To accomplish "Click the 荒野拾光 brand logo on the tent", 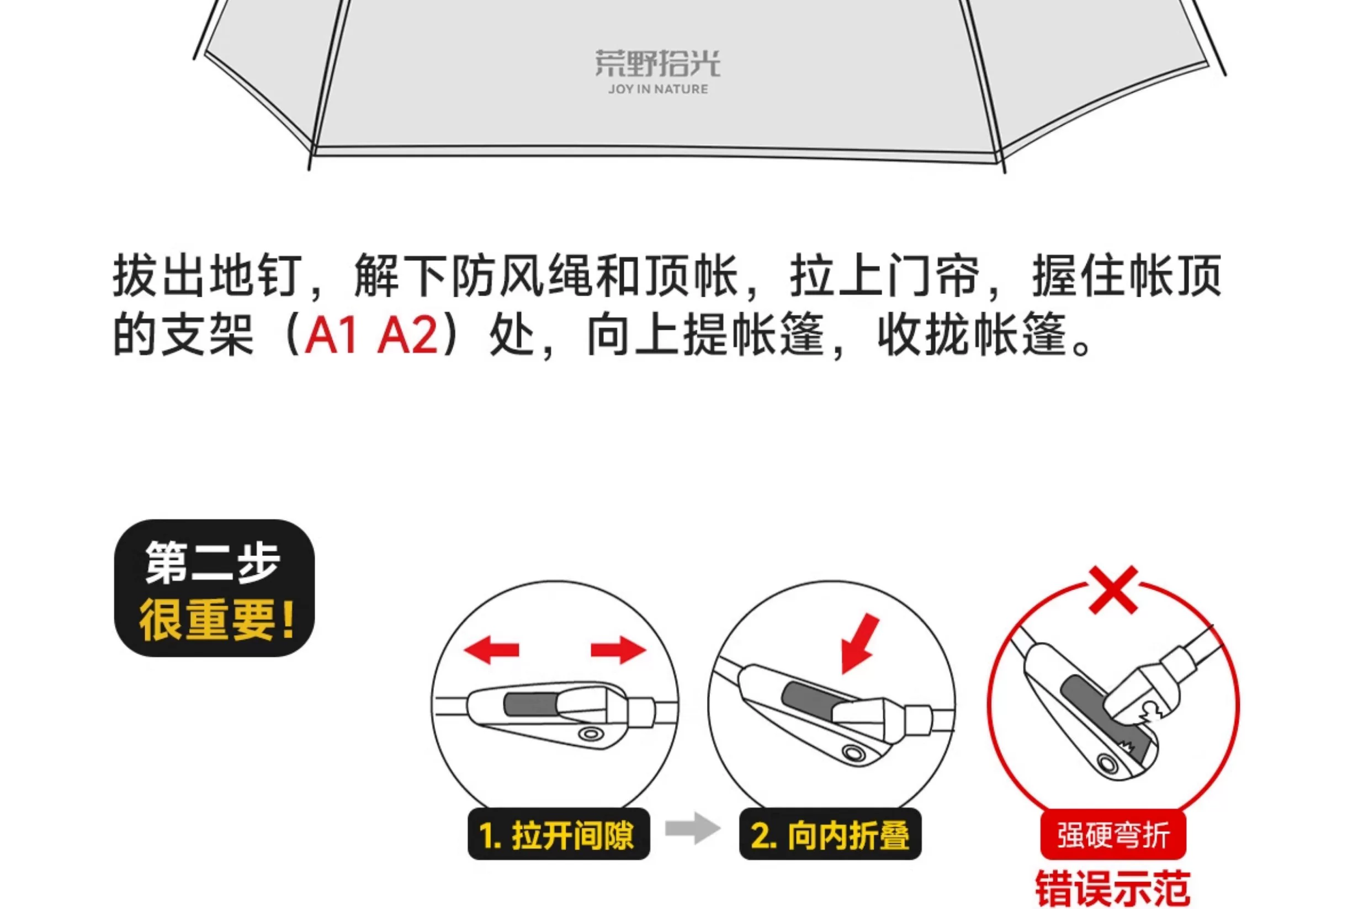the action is (657, 63).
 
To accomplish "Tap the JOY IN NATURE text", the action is (659, 89).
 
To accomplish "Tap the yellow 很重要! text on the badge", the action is (216, 621).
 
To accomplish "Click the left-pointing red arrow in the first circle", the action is (491, 649).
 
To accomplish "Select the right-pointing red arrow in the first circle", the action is (618, 649).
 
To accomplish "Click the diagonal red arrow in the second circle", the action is (859, 644).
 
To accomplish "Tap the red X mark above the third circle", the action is (1113, 590).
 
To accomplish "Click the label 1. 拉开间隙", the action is (559, 835).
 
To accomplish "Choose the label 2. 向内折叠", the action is (830, 835).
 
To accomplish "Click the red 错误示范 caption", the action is (1113, 889).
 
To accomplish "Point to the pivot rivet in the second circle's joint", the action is (852, 753).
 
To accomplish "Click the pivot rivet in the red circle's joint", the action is (1107, 763).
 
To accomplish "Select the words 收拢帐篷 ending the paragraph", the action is (973, 335).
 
